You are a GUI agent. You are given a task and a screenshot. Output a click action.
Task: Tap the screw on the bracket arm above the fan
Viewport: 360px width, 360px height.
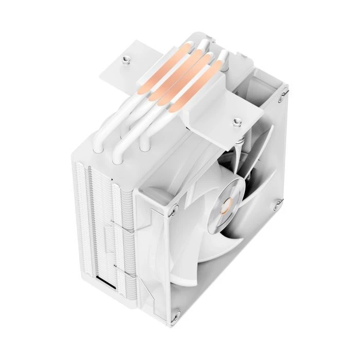pos(237,122)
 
